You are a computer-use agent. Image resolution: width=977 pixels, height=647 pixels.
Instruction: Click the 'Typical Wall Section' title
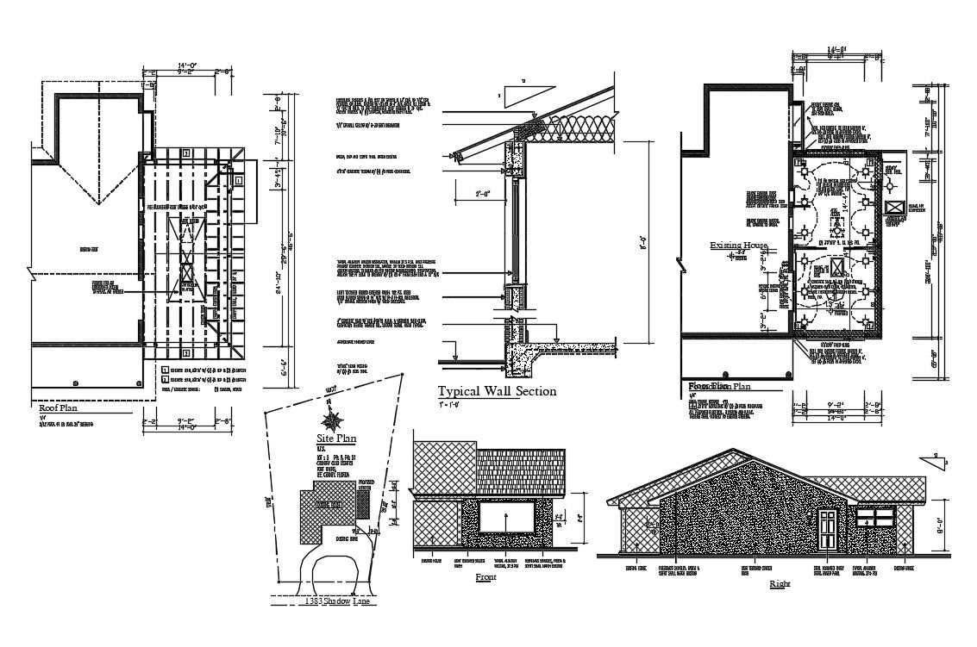(497, 391)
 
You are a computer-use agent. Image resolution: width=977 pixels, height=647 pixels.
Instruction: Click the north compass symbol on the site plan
(329, 420)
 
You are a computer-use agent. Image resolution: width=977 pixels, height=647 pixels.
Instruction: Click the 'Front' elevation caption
(485, 578)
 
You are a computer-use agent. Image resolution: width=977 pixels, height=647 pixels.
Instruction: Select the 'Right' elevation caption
(778, 585)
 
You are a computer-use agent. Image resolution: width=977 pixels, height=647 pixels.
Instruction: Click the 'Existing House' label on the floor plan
(738, 246)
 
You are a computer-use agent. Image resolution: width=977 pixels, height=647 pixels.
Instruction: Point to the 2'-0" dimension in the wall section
(485, 195)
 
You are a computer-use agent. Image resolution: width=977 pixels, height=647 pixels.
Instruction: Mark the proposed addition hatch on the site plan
(362, 506)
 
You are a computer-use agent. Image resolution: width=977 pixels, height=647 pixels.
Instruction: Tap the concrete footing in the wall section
(522, 352)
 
